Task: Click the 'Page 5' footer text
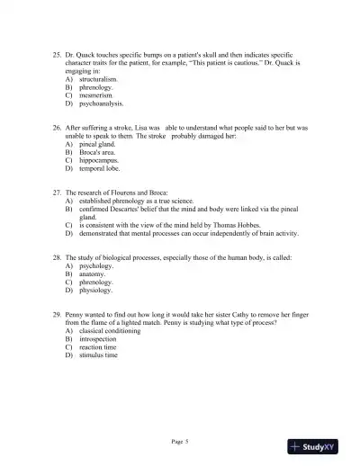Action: coord(180,441)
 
